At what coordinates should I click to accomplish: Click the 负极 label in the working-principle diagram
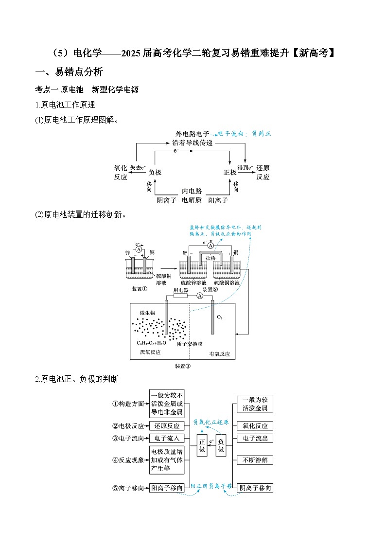pos(155,173)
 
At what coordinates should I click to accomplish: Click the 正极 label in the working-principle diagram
pos(229,173)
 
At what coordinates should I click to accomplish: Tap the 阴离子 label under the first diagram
pos(166,200)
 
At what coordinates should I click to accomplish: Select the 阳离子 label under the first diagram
pos(218,200)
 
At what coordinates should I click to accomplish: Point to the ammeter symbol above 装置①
pos(139,249)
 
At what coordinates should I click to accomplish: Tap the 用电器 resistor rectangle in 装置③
pos(180,296)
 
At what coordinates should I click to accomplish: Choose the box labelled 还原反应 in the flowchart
pos(167,426)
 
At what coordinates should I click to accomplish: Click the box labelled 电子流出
pos(255,439)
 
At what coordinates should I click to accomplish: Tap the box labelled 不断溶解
pos(255,460)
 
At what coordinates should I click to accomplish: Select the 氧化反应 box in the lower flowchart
pos(255,426)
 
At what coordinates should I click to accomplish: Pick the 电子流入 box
pos(167,439)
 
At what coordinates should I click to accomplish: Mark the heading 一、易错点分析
pos(70,72)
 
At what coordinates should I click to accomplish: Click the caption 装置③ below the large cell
pos(182,366)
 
